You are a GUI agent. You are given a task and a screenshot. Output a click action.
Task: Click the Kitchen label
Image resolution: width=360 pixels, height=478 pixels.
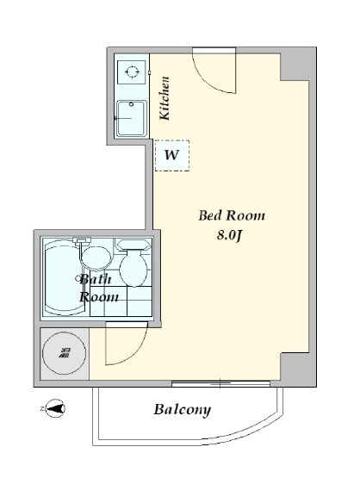pos(164,98)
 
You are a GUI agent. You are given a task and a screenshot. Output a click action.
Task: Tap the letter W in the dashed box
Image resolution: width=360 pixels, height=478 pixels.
pos(171,155)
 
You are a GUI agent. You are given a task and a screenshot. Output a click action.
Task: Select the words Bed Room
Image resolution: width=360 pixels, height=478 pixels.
pos(232,215)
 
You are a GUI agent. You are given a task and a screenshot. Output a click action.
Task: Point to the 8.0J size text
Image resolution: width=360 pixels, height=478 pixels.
pos(229,235)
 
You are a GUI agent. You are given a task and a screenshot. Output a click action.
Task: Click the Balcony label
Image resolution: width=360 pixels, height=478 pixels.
pos(183,409)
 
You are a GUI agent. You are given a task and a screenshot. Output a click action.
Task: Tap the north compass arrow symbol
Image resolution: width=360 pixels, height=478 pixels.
pos(55,408)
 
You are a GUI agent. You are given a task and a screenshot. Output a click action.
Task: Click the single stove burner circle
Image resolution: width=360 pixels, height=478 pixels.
pos(133,72)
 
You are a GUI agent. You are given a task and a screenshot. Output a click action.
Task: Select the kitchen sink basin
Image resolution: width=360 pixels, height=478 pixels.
pos(132,118)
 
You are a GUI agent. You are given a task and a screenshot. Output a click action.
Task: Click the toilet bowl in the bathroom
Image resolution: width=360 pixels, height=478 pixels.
pos(133,270)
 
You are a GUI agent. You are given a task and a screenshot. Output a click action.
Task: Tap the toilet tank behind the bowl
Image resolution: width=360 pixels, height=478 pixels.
pos(134,245)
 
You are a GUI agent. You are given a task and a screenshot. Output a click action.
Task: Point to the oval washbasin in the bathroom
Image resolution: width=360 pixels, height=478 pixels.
pos(96,258)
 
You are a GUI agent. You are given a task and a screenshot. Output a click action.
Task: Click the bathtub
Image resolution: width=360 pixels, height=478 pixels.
pos(64,278)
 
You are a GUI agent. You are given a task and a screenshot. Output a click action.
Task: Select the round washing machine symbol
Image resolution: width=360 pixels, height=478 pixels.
pos(64,353)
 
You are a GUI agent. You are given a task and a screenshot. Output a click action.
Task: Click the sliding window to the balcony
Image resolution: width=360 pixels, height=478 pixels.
pos(220,383)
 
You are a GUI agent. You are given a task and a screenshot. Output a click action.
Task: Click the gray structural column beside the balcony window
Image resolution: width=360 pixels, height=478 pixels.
pos(297,369)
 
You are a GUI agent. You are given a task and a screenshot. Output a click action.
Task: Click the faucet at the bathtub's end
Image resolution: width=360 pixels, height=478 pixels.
pos(81,240)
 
